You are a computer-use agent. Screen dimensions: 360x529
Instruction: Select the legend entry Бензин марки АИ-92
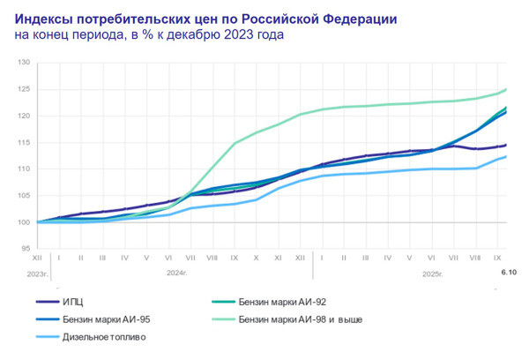click(x=279, y=302)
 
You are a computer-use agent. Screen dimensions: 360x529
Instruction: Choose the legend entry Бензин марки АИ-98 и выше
click(x=300, y=319)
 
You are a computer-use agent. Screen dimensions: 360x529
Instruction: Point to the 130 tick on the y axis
click(x=24, y=64)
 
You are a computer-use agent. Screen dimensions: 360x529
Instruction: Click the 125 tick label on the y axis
click(x=24, y=90)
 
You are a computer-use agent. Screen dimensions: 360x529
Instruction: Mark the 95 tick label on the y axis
click(x=26, y=248)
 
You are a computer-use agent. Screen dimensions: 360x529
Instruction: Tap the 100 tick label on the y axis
click(x=24, y=221)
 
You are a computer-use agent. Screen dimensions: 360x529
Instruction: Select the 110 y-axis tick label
click(x=24, y=169)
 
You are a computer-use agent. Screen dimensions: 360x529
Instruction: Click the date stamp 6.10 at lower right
click(x=509, y=274)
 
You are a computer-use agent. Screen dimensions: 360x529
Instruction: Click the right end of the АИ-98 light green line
click(x=506, y=89)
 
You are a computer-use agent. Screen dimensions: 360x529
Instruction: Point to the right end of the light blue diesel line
click(x=506, y=157)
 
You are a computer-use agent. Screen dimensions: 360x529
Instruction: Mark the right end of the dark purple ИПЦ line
click(x=506, y=146)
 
